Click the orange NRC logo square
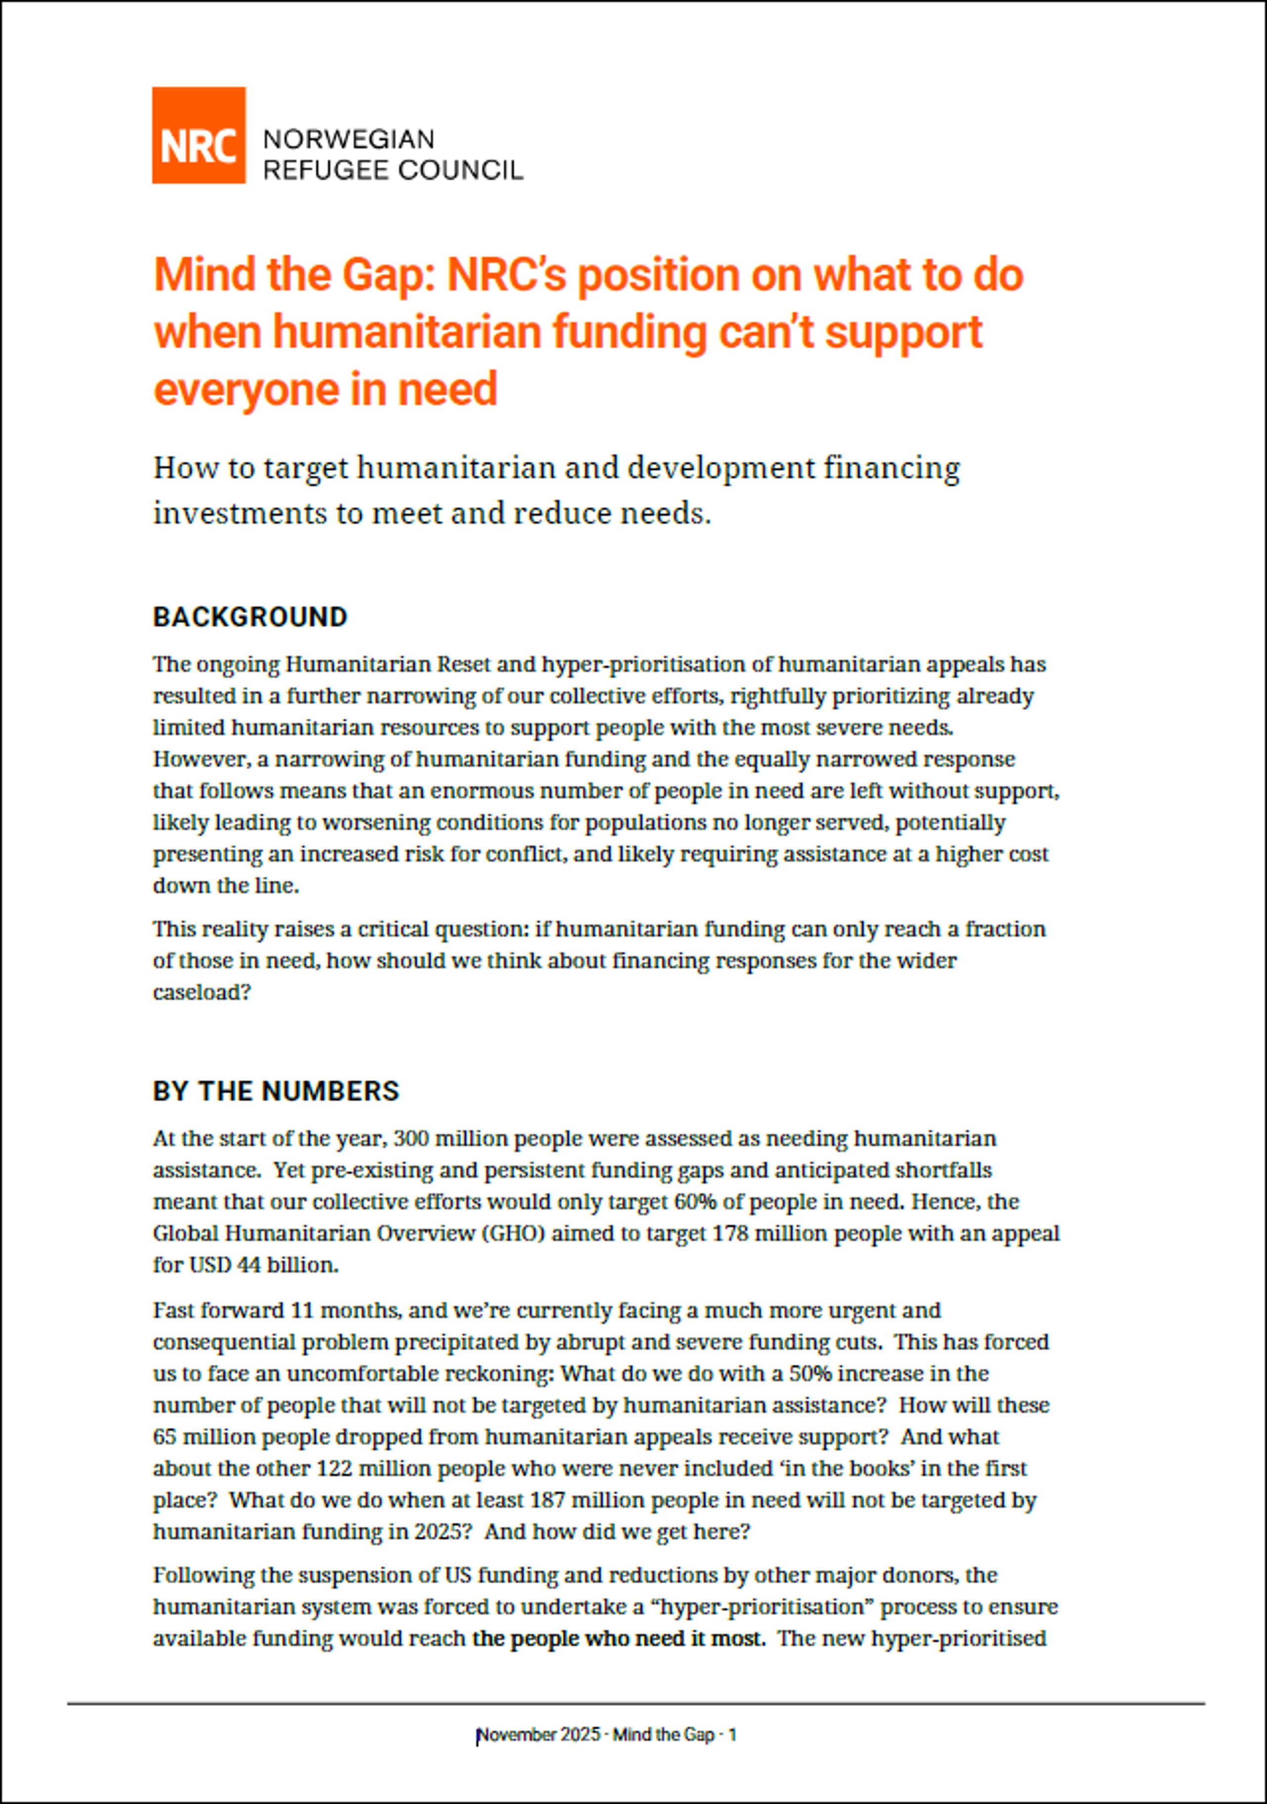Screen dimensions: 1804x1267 198,135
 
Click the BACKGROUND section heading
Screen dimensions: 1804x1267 250,617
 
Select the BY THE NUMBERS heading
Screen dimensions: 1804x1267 276,1091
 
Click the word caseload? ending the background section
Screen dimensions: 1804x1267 201,993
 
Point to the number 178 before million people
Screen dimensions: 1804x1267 730,1233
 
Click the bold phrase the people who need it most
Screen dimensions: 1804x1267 618,1639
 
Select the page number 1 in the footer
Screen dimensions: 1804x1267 732,1735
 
